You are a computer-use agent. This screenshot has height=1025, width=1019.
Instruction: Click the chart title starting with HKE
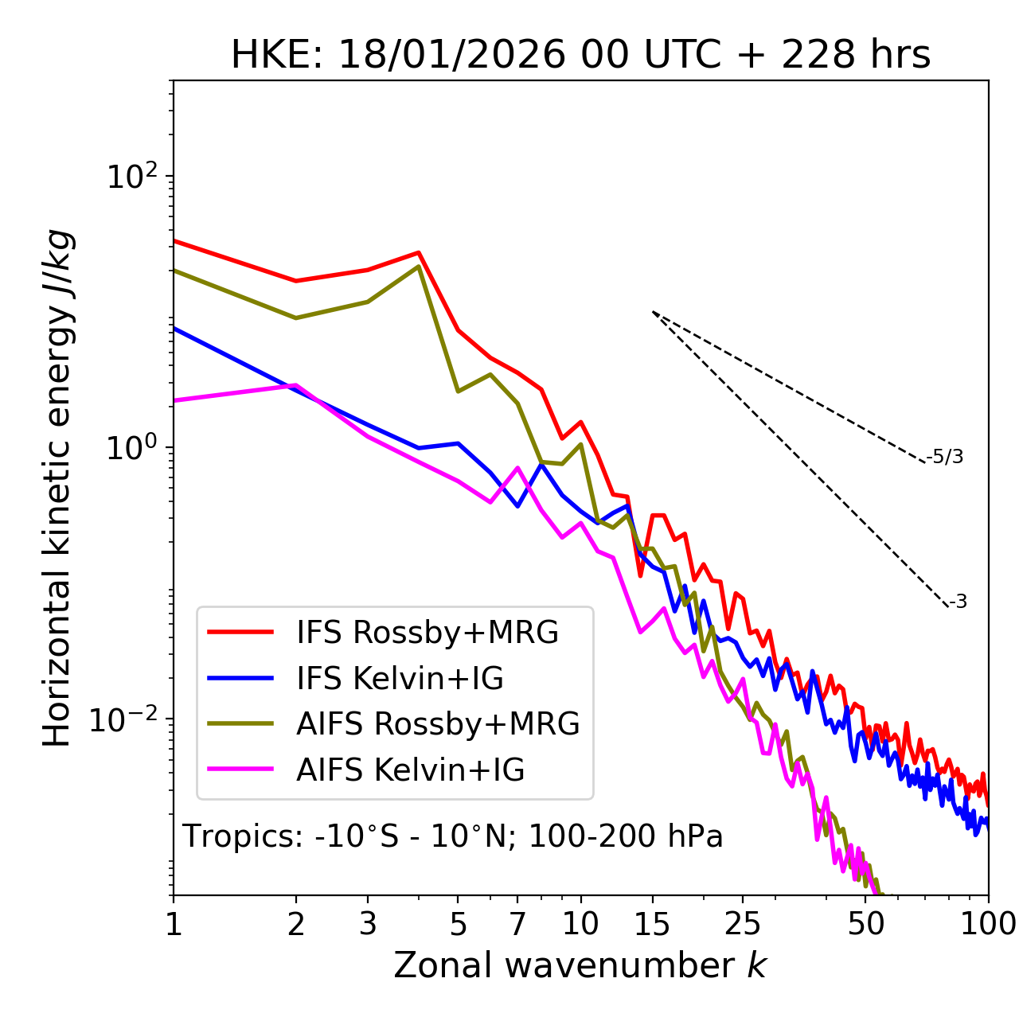tap(580, 56)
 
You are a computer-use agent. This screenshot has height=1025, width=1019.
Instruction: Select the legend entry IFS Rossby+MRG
tap(428, 633)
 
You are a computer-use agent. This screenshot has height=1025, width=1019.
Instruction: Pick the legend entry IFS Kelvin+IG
tap(400, 679)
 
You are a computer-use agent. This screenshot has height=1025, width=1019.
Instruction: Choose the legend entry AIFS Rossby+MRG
tap(438, 724)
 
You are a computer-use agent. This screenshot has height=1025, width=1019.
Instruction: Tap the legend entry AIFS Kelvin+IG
tap(410, 770)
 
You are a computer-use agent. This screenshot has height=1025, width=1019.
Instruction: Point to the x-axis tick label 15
tap(652, 924)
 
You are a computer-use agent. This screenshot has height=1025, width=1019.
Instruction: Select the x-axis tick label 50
tap(865, 924)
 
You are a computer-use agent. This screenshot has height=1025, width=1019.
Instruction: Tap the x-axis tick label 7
tap(517, 924)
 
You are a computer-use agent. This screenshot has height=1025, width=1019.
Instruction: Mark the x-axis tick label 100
tap(987, 924)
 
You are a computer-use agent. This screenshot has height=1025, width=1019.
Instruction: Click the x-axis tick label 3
tap(368, 924)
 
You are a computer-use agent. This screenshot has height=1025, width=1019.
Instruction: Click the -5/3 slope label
tap(945, 457)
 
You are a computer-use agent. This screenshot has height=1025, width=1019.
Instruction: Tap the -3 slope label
tap(958, 602)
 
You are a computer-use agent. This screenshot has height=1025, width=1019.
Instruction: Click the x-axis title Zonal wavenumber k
tap(580, 966)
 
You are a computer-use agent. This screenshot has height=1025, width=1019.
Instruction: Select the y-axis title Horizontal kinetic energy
tap(57, 488)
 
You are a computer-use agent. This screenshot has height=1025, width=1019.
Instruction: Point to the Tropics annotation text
tap(453, 836)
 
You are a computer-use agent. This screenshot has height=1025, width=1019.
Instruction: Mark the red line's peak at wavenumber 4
tap(419, 253)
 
